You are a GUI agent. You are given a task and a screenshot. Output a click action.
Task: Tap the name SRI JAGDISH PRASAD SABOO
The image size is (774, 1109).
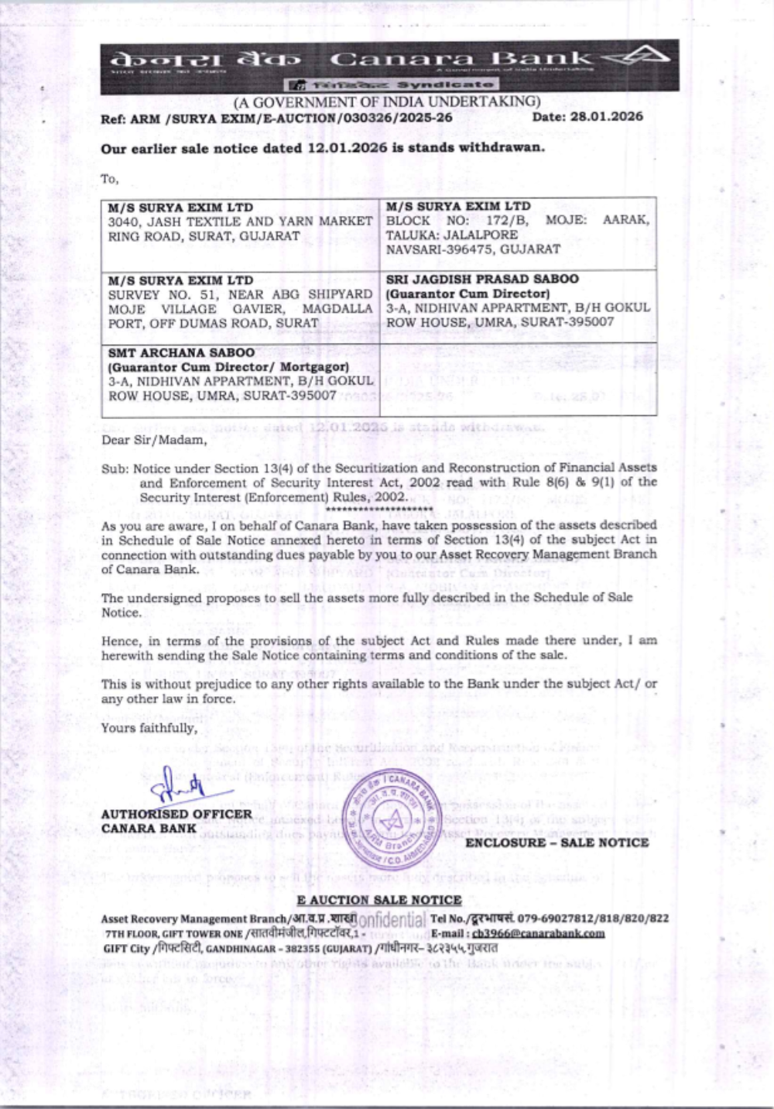coord(482,279)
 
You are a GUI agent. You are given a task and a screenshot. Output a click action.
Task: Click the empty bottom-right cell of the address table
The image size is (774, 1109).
coord(518,379)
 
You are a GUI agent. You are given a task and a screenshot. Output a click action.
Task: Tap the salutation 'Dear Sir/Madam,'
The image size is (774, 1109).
coord(154,440)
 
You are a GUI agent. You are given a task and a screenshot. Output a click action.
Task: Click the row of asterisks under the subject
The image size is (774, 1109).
coord(365,509)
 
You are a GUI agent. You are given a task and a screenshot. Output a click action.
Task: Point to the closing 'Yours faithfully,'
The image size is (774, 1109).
coord(149,728)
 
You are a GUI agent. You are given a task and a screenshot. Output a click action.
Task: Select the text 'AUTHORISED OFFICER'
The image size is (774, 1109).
coord(176,814)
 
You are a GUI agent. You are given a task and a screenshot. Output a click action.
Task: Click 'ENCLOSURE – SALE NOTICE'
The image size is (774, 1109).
coord(557,843)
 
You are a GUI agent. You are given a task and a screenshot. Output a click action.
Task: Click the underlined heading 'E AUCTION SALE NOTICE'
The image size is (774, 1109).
coord(379,900)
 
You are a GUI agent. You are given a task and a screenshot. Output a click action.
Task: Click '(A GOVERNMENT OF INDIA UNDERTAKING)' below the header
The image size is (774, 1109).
coord(387,101)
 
